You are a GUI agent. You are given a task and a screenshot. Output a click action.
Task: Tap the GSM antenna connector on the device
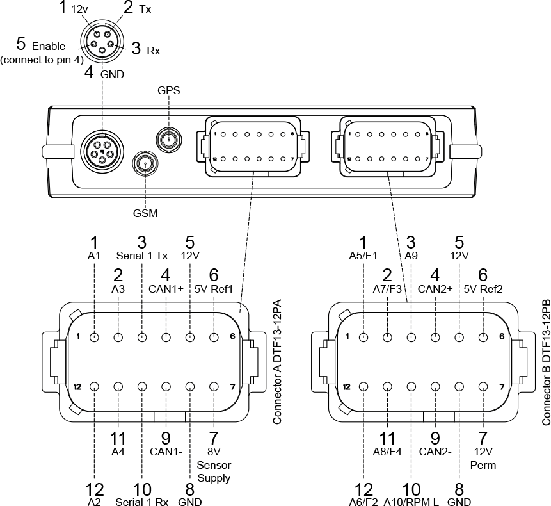145,164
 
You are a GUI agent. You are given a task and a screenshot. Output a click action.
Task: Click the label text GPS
169,90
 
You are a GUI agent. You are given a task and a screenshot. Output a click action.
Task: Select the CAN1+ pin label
166,290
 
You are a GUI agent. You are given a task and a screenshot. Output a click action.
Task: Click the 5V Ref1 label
214,290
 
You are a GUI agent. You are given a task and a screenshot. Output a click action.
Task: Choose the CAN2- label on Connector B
435,451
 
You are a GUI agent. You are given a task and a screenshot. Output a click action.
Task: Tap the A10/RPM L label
411,502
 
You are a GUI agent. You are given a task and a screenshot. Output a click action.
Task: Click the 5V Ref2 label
483,290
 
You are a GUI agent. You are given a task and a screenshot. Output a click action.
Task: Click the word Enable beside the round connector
48,46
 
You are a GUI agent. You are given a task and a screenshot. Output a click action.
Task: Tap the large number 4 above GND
89,72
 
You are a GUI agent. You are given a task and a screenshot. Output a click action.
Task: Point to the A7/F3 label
387,290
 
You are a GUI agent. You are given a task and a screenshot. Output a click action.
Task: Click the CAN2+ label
435,290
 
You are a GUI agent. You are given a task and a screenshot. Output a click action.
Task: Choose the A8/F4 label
387,451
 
